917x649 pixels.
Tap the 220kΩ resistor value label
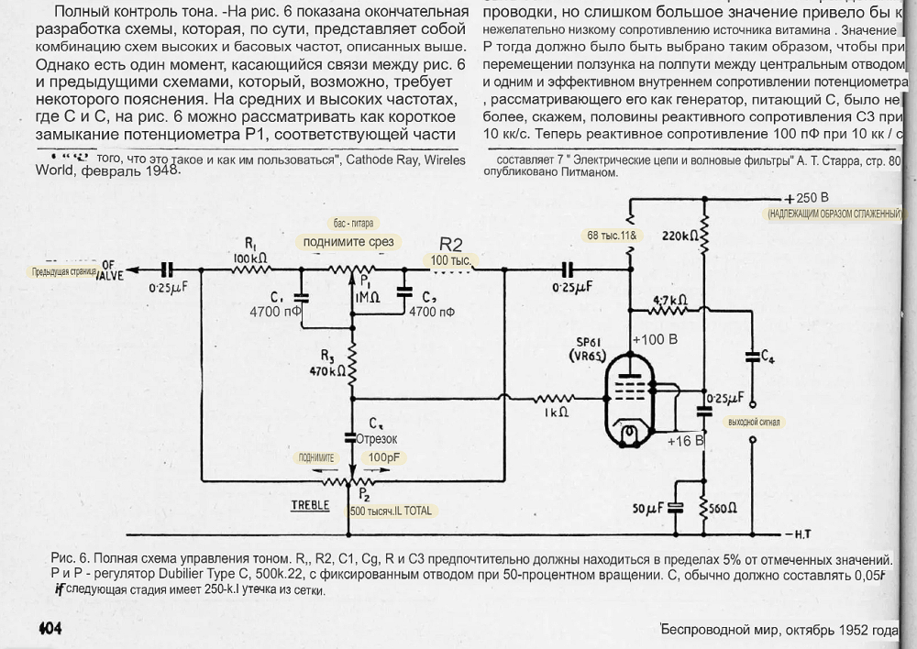681,236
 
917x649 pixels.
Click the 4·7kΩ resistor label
672,300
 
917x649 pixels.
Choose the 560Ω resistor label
728,508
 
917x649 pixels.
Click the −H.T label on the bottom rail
794,534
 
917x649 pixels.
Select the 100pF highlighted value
386,456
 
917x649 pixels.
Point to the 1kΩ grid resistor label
556,412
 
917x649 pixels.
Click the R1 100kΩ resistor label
249,252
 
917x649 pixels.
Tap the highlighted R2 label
451,245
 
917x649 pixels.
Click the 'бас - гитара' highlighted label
354,224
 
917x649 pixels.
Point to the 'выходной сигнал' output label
754,422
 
